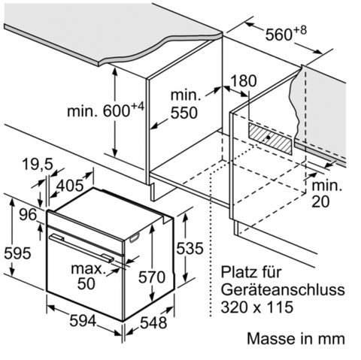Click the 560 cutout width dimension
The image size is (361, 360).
(x=286, y=33)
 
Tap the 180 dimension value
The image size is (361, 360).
(x=244, y=80)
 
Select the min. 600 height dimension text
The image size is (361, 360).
(x=106, y=110)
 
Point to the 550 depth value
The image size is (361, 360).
(x=184, y=113)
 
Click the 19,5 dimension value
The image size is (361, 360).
(x=38, y=165)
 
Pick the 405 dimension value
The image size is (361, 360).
(x=70, y=186)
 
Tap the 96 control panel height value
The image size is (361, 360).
(x=28, y=215)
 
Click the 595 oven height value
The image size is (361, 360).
(x=17, y=253)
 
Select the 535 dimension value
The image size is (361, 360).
(x=190, y=248)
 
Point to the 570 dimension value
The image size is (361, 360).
(x=152, y=277)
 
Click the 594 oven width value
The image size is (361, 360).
(x=83, y=320)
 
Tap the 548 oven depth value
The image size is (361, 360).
(x=153, y=322)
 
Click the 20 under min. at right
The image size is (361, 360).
(x=320, y=201)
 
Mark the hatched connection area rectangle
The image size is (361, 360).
(x=271, y=138)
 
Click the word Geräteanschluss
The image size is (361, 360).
(x=283, y=289)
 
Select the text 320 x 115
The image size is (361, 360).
(x=257, y=307)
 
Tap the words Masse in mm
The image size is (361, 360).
(x=296, y=338)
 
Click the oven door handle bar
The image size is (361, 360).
(x=81, y=248)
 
